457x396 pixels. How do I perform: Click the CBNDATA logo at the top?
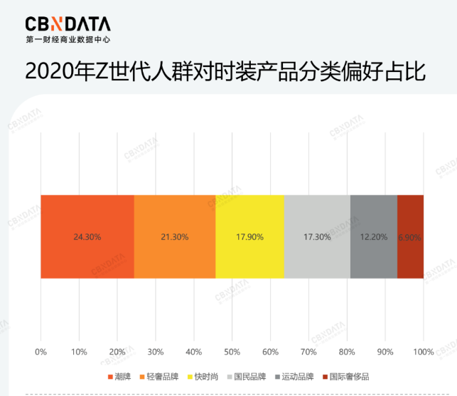pos(68,24)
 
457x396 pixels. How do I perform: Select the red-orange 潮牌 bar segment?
pos(87,214)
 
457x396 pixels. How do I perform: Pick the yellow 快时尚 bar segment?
pos(249,214)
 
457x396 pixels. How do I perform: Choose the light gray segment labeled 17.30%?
pos(317,214)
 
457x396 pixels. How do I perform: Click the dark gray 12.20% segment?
pos(373,214)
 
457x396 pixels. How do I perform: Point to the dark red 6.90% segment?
pos(410,214)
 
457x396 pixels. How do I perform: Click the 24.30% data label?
pos(87,236)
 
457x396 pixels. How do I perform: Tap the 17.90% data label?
pos(249,236)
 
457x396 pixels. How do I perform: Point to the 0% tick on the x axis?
pos(41,352)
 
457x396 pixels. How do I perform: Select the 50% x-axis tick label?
pos(232,352)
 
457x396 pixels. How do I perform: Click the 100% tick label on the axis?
pos(423,352)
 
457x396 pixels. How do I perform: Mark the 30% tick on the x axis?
pos(156,352)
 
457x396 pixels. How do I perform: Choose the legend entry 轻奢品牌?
pos(161,376)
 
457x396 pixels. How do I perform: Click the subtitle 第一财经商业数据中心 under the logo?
pos(68,40)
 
